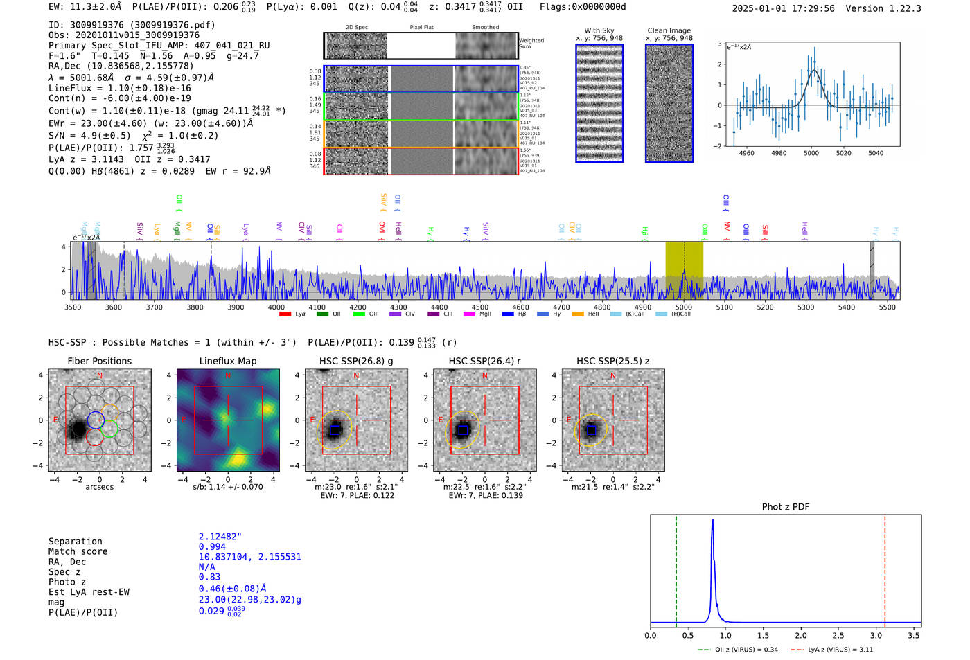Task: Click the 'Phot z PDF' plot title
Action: coord(785,506)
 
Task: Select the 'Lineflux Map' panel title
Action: coord(227,361)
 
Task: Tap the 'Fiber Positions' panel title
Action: coord(99,361)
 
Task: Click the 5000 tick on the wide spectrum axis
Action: coord(683,307)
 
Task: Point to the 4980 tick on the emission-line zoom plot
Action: coord(779,153)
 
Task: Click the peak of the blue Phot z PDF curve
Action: coord(712,521)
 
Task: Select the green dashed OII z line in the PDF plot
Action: coord(676,568)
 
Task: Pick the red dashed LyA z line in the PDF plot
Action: coord(885,568)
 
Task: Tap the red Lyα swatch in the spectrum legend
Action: coord(285,314)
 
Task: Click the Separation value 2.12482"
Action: coord(220,537)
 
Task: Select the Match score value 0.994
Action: coord(212,546)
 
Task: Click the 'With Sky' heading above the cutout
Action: coord(599,30)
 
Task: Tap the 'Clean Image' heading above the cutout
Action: coord(669,30)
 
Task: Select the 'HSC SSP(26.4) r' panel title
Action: coord(484,361)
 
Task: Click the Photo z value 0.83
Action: coord(209,577)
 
